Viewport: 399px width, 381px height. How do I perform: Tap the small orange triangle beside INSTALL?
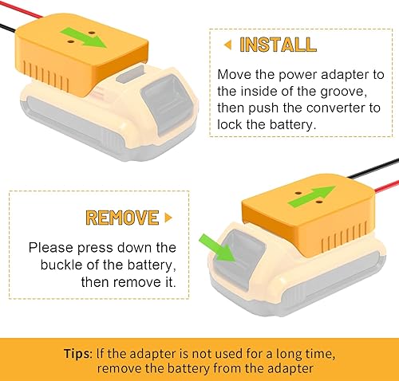coord(227,44)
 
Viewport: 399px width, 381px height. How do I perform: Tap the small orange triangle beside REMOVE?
coord(168,217)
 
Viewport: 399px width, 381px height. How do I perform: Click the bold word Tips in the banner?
coord(80,352)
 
